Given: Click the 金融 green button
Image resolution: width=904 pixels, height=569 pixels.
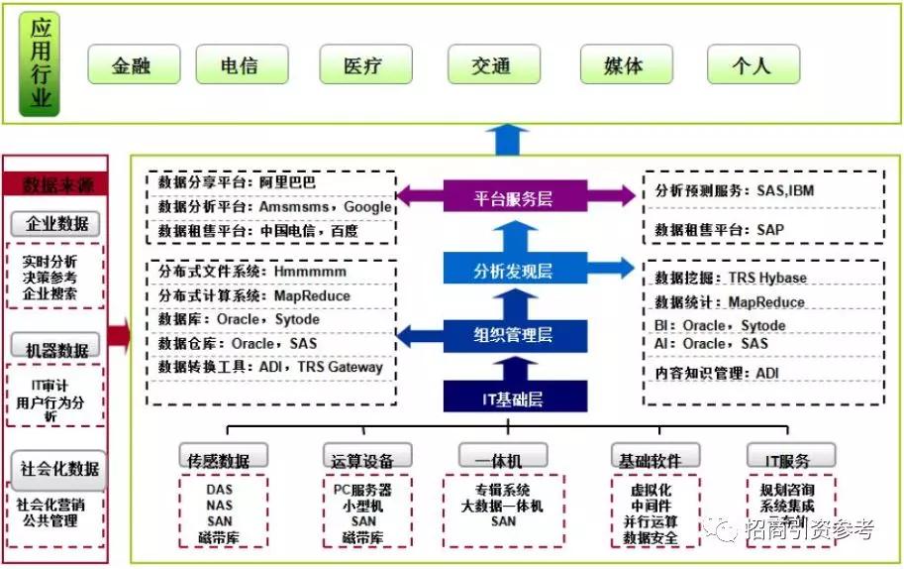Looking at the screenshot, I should point(134,65).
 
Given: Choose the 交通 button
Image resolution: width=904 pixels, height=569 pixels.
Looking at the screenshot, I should point(492,65).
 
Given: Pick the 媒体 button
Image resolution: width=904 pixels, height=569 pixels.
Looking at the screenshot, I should point(624,65).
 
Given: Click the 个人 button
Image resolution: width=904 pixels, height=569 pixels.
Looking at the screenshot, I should point(753,65).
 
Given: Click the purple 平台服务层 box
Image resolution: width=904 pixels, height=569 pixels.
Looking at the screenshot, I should point(513,198).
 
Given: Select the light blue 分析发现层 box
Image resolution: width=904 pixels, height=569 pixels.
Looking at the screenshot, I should point(513,269).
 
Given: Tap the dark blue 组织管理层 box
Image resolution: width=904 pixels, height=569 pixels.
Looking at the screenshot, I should point(513,334).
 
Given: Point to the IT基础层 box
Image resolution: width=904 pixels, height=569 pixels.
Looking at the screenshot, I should point(513,398).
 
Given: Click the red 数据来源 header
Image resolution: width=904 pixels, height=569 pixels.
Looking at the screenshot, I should point(57,185).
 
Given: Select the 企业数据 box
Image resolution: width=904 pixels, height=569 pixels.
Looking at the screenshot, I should point(57,224).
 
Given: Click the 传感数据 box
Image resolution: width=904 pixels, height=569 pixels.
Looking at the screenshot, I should point(224,460).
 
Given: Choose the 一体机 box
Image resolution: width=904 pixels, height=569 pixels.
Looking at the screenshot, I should point(503,460).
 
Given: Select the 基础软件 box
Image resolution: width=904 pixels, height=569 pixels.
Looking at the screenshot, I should point(650,460).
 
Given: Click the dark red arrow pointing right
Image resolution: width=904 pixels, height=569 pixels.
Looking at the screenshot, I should point(119,336).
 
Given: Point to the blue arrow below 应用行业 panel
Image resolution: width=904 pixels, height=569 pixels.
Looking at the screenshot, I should point(511,140).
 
